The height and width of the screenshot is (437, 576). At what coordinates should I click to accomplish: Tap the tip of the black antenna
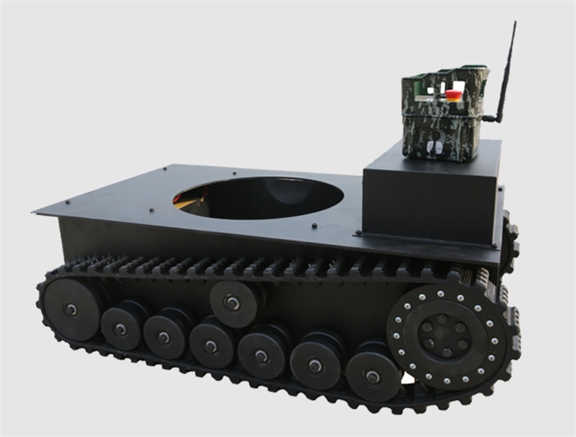513,23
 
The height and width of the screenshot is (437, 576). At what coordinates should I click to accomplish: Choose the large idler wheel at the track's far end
71,308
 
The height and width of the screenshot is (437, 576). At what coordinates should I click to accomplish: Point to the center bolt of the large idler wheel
71,309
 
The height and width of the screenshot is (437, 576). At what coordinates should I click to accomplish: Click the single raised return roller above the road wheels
232,302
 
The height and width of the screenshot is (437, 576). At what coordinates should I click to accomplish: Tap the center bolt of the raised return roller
232,302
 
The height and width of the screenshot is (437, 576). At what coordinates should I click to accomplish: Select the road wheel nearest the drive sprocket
373,377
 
